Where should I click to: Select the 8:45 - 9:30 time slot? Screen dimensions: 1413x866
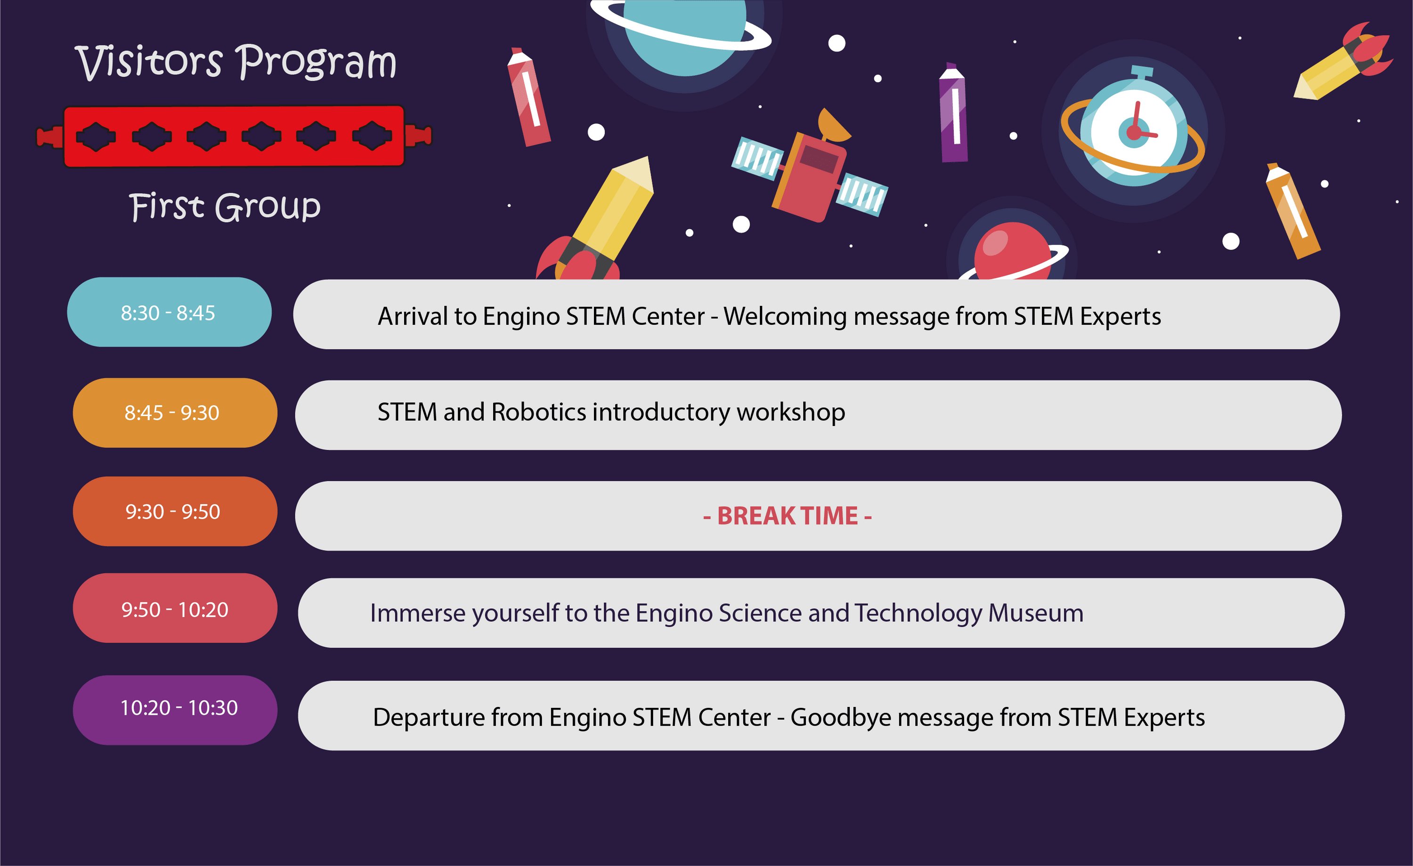coord(175,413)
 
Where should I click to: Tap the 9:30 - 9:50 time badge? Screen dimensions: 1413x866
coord(175,511)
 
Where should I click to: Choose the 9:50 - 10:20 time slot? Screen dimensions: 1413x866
coord(175,608)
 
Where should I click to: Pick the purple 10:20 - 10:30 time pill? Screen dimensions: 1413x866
coord(175,710)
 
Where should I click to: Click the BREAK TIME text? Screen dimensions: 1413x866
coord(788,516)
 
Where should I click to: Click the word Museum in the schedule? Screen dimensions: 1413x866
coord(1036,613)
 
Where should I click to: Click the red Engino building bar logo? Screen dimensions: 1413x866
coord(234,136)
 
